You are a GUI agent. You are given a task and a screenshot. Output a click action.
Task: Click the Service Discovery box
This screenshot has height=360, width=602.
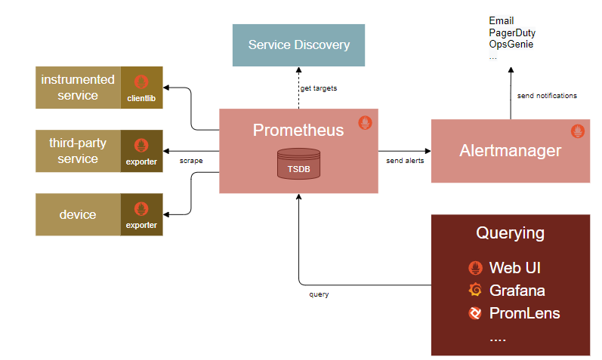[299, 45]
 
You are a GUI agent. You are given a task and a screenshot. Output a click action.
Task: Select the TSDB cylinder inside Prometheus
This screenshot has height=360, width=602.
[298, 164]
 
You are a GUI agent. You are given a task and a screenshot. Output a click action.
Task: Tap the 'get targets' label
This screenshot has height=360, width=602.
[318, 88]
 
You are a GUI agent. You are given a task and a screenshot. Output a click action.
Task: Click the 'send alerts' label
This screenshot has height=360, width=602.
[405, 160]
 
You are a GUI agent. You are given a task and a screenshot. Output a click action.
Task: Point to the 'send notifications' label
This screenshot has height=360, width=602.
[547, 96]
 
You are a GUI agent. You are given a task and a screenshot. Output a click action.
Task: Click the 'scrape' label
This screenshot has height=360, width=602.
[191, 160]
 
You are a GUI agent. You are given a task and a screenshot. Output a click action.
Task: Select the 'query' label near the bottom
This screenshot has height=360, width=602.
[319, 294]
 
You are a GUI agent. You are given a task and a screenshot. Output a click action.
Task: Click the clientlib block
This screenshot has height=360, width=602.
[141, 87]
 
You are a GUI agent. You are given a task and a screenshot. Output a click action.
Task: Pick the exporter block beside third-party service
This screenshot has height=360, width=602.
[141, 150]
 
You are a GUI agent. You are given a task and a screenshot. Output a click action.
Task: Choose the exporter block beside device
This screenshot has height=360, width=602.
[141, 214]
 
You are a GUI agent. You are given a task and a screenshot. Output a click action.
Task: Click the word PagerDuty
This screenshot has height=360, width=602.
[512, 33]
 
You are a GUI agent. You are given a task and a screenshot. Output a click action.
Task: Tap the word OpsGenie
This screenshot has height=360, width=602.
[511, 45]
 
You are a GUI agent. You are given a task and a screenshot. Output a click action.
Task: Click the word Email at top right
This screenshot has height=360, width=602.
[502, 21]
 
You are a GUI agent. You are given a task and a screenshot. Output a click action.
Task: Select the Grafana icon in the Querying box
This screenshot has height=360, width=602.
[475, 290]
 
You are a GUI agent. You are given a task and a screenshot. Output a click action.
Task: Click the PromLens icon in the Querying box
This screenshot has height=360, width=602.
[475, 312]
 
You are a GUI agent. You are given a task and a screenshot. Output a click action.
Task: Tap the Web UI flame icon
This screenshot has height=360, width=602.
[475, 267]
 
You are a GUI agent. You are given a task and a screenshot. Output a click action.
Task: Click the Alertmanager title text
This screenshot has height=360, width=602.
[510, 150]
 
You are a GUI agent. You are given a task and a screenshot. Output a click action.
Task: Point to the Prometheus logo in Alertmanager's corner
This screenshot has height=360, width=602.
[578, 131]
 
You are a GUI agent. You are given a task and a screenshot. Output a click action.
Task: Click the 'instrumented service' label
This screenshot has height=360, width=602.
[79, 87]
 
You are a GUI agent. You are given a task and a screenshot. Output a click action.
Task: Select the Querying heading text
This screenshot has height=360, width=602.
[510, 232]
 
